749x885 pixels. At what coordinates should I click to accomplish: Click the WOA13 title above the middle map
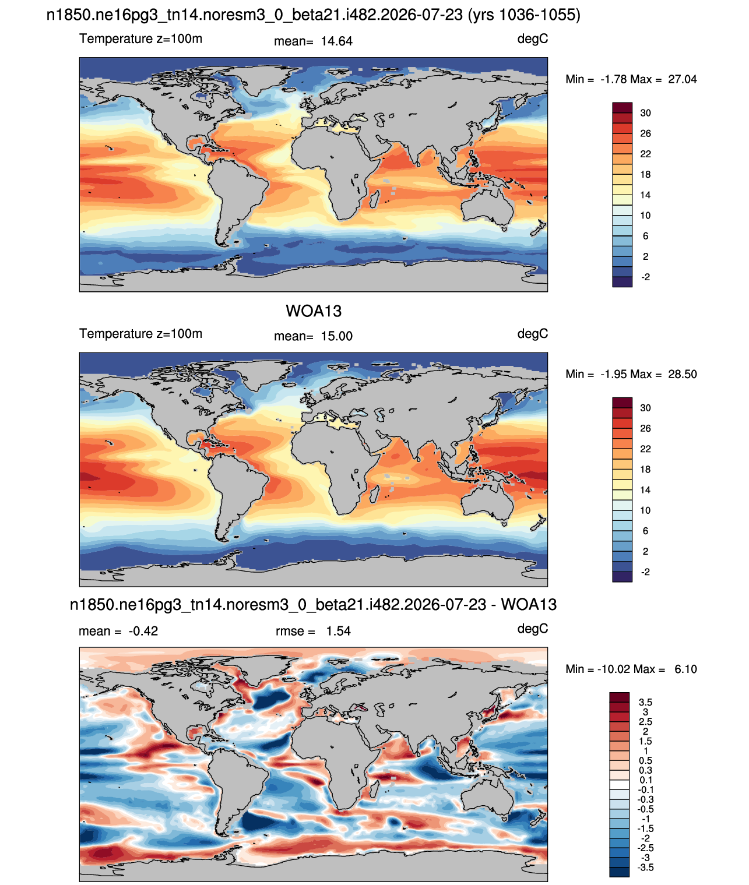[x=314, y=311]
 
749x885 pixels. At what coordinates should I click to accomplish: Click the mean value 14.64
[x=336, y=41]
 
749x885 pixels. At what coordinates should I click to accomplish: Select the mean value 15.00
[x=336, y=336]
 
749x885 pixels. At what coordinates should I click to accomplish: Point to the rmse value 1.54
[x=338, y=630]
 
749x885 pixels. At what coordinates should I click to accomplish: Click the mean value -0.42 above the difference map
[x=143, y=630]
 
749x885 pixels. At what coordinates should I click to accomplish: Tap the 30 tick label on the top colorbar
[x=645, y=113]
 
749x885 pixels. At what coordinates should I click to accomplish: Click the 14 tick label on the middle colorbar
[x=645, y=490]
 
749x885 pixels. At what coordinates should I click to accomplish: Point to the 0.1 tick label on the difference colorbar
[x=646, y=780]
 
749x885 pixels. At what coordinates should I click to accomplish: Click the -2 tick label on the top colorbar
[x=645, y=277]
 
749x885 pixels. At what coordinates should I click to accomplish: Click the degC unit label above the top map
[x=532, y=39]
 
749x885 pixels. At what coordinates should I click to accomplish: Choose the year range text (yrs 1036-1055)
[x=524, y=15]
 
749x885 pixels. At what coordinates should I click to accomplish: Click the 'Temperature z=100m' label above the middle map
[x=140, y=333]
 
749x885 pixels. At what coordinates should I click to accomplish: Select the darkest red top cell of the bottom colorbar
[x=619, y=697]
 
